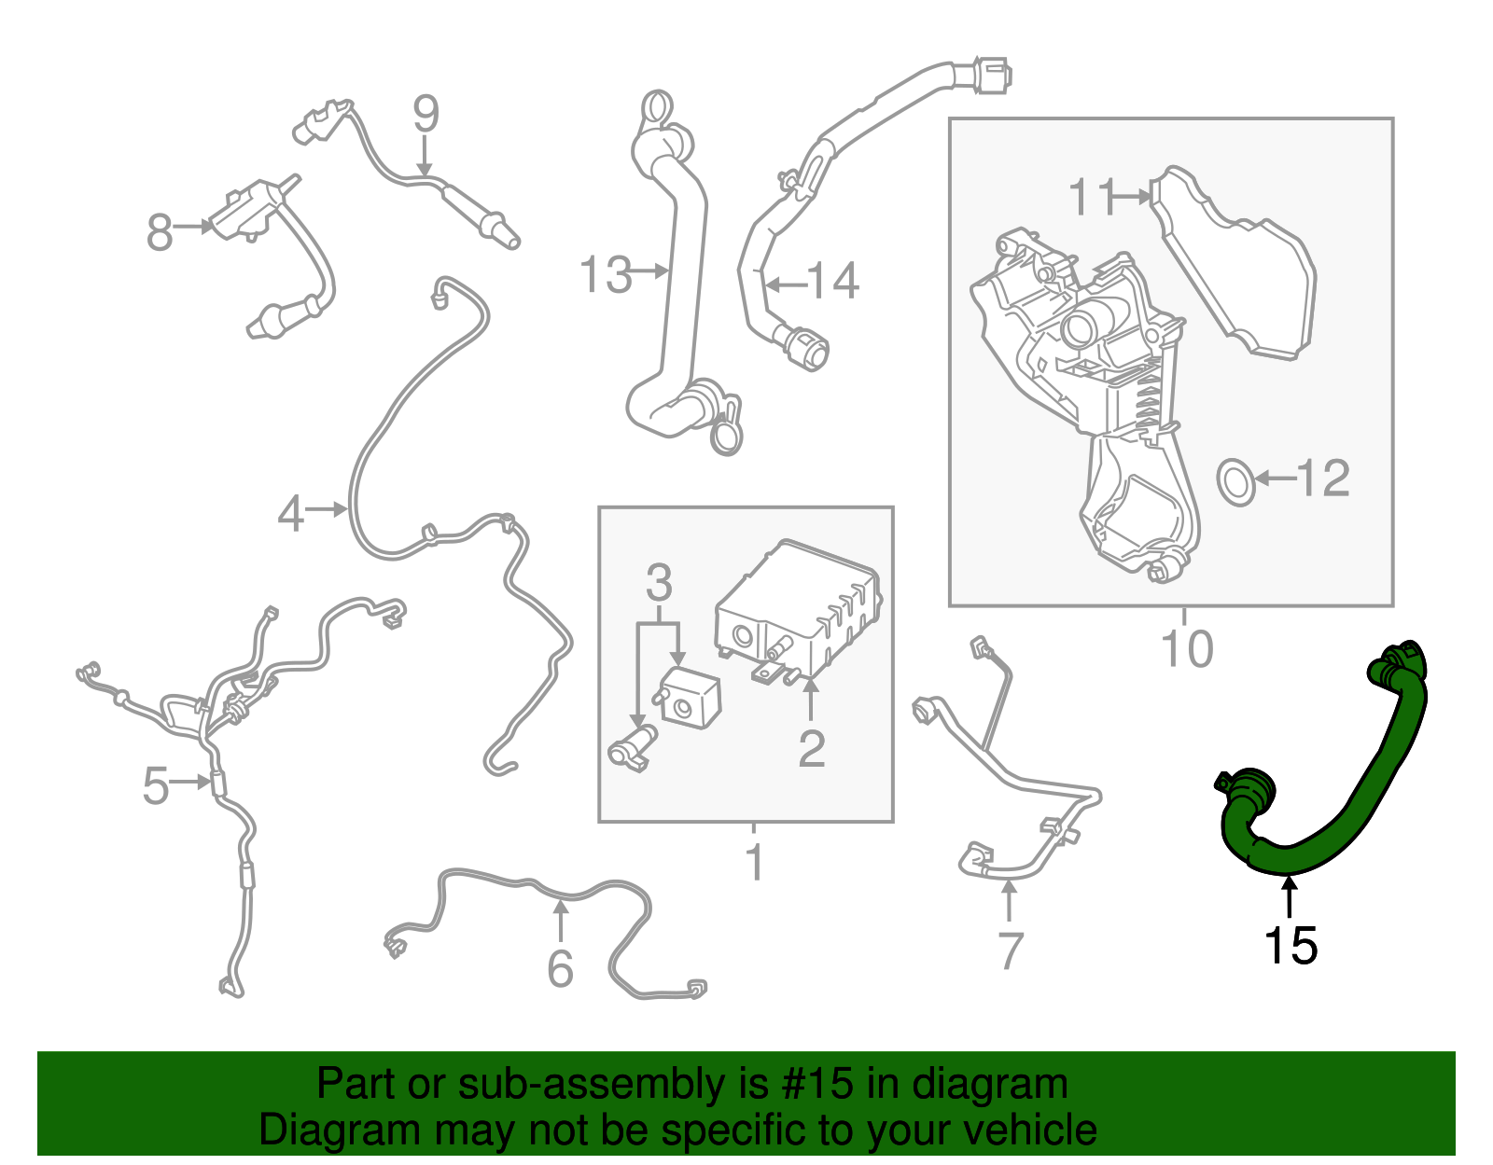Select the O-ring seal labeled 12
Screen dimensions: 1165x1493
pos(1236,481)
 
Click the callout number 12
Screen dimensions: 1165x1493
pos(1322,478)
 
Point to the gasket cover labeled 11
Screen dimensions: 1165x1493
pos(1241,270)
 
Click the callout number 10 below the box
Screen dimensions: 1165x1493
pos(1186,648)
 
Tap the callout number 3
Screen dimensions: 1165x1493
pos(659,583)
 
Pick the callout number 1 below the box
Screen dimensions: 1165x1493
pos(755,862)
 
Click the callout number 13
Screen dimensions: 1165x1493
pos(606,274)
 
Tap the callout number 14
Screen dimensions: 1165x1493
pos(832,281)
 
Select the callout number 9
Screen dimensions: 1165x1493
pos(426,114)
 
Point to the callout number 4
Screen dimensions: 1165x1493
pos(291,514)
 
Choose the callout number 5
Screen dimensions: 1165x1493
pos(155,785)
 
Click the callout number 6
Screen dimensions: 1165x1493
pos(560,968)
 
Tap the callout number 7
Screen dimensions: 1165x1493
pos(1011,950)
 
